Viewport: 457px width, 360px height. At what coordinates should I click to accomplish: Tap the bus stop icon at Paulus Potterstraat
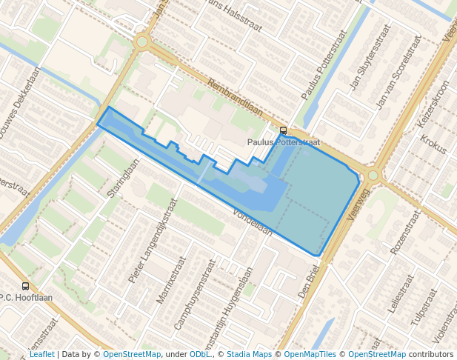[x=283, y=131]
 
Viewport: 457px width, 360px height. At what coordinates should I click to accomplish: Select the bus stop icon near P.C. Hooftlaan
[x=26, y=286]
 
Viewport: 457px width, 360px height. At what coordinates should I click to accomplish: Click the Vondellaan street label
[x=253, y=221]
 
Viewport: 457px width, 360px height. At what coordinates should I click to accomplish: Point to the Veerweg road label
[x=358, y=205]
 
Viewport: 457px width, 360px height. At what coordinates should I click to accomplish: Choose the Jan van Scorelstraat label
[x=403, y=70]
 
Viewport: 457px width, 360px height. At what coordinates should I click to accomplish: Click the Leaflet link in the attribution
[x=41, y=354]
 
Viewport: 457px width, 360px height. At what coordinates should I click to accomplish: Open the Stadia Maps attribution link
[x=249, y=354]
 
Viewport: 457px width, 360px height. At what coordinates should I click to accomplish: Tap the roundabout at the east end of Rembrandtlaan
[x=373, y=176]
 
